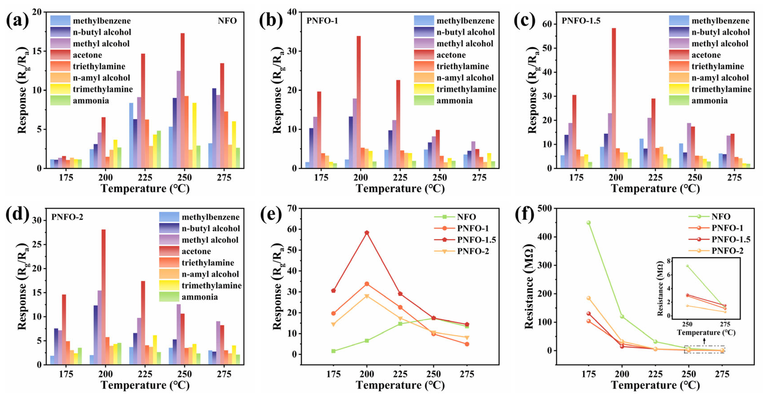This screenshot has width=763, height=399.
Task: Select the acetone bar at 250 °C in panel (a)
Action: click(182, 101)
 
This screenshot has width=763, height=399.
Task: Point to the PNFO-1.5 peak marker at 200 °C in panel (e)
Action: click(367, 233)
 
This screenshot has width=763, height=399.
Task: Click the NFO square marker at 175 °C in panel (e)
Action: click(333, 351)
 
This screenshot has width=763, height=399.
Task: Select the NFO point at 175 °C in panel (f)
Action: click(589, 223)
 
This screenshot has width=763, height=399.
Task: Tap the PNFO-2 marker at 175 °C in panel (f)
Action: click(589, 298)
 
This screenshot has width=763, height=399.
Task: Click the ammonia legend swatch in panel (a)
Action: click(60, 100)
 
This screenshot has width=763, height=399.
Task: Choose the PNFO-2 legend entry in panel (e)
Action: click(473, 251)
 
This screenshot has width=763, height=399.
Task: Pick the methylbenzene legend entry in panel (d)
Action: click(210, 217)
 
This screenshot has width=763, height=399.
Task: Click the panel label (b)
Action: click(270, 20)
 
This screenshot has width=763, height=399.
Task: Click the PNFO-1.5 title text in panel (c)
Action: click(581, 21)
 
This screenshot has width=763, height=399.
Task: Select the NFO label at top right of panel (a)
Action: click(227, 21)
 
